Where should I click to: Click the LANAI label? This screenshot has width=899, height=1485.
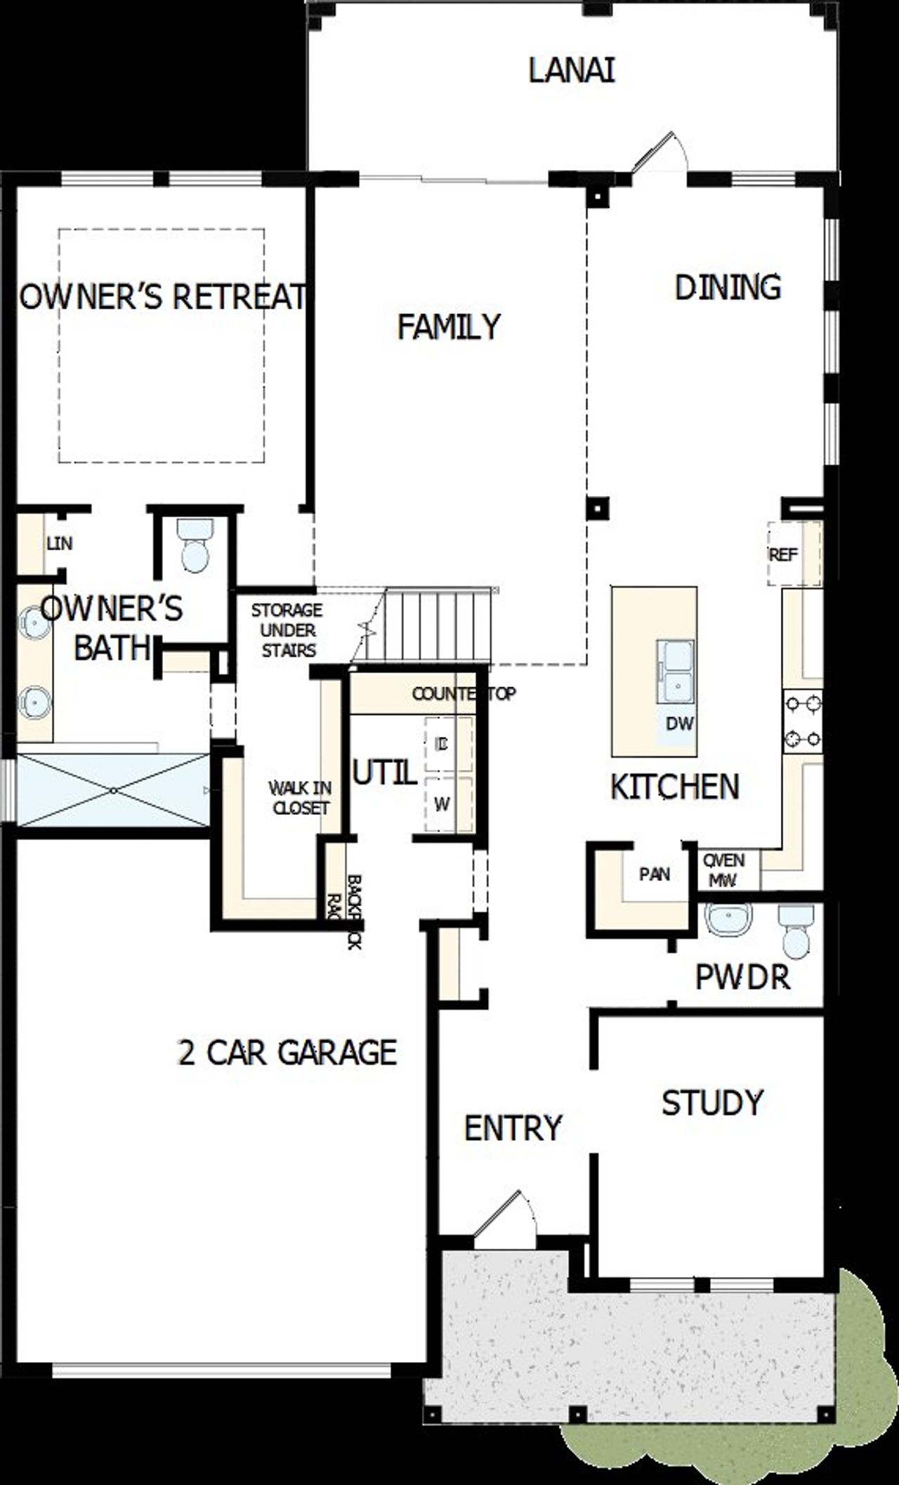[x=571, y=71]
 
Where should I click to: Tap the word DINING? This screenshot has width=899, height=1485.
[x=728, y=287]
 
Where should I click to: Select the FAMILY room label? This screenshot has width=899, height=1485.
[x=449, y=327]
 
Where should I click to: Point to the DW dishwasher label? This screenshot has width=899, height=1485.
[x=679, y=723]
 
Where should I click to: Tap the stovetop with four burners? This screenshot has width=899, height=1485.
[x=803, y=721]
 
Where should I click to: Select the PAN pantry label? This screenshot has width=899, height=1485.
[x=655, y=874]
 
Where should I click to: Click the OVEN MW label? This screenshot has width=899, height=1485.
[x=723, y=870]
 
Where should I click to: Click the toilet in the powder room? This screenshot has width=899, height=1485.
[x=796, y=932]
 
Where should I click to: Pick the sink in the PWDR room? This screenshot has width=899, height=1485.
[x=728, y=919]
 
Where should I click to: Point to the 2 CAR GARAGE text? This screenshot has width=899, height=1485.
[x=287, y=1052]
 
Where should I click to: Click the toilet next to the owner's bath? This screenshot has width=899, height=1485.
[x=194, y=545]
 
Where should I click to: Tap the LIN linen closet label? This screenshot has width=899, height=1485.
[x=59, y=543]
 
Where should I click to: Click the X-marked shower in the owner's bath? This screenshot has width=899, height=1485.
[x=112, y=790]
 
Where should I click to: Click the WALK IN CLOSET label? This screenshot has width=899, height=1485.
[x=300, y=798]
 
